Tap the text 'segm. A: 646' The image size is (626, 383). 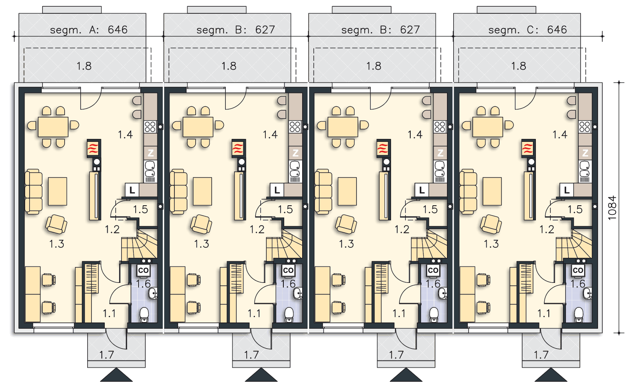coord(88,30)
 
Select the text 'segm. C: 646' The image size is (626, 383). coord(528,30)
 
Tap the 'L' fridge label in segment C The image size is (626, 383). coord(566,190)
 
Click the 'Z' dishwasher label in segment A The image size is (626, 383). coord(151,153)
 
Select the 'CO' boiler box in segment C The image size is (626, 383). coord(578,270)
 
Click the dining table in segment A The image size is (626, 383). coord(53,127)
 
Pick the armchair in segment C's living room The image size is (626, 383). coord(491,224)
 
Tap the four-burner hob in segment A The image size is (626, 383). coord(150,127)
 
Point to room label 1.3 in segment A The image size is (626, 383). coord(57,244)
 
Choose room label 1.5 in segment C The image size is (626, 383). coord(575,209)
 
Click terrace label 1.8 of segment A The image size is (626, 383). coord(84,66)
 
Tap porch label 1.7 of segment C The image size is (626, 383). coord(541,355)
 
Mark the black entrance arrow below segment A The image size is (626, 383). coord(116,375)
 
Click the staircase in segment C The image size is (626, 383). coord(573,245)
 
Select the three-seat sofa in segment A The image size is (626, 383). coord(33,191)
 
